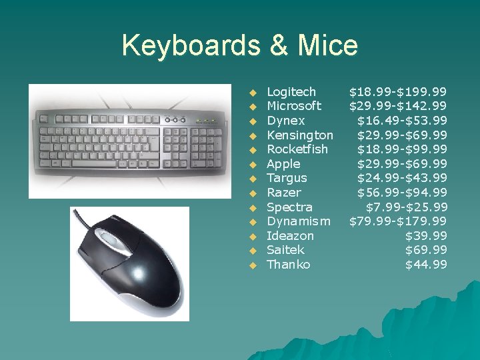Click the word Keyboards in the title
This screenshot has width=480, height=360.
191,46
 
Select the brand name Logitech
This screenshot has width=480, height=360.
291,91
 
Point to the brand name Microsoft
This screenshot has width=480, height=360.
294,106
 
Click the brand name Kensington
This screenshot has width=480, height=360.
300,135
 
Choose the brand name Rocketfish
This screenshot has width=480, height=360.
297,149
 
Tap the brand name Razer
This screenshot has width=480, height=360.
283,193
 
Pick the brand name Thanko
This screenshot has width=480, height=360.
288,265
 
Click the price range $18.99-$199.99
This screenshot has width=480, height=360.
398,91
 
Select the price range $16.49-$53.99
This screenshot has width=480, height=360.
402,121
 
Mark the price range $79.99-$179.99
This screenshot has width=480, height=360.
398,221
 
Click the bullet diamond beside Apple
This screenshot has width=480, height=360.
253,164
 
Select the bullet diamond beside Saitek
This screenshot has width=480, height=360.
253,251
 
